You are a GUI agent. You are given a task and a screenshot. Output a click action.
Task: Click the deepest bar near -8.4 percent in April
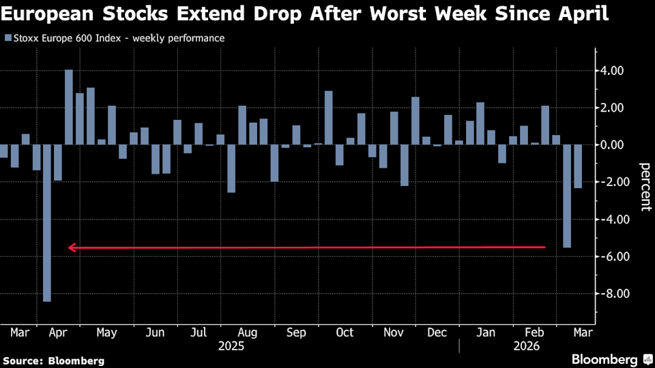(47, 222)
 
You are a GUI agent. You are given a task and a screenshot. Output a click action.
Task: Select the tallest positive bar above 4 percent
(68, 107)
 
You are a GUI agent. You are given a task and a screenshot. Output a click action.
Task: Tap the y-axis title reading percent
(644, 183)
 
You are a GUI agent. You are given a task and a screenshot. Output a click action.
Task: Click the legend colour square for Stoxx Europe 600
(8, 38)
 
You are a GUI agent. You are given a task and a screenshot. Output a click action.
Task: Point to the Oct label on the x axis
(345, 333)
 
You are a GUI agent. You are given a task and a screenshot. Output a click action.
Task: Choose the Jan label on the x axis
(486, 333)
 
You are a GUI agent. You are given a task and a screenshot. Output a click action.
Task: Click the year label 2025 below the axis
(232, 346)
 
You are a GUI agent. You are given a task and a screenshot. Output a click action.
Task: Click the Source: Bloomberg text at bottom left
(54, 360)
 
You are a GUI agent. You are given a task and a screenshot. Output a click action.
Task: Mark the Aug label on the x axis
(248, 333)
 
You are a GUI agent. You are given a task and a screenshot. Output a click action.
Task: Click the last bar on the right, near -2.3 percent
(578, 166)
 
